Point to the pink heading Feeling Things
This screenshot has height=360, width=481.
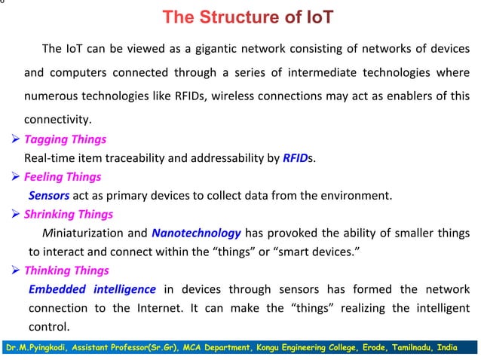(63, 177)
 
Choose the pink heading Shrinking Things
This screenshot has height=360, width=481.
(69, 215)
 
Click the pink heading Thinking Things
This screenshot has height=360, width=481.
(66, 270)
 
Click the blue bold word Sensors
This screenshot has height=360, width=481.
(49, 196)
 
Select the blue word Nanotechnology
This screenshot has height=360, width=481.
(196, 233)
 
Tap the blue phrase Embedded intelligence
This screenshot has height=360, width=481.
(92, 289)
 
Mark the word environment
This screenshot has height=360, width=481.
(355, 196)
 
